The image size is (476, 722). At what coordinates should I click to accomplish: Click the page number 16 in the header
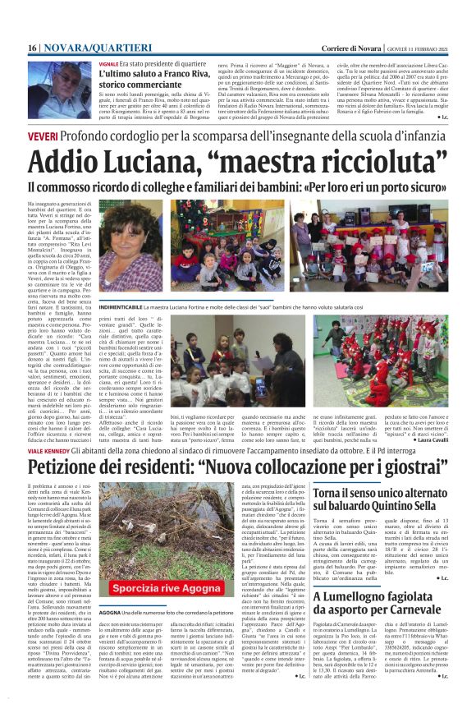(x=32, y=48)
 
